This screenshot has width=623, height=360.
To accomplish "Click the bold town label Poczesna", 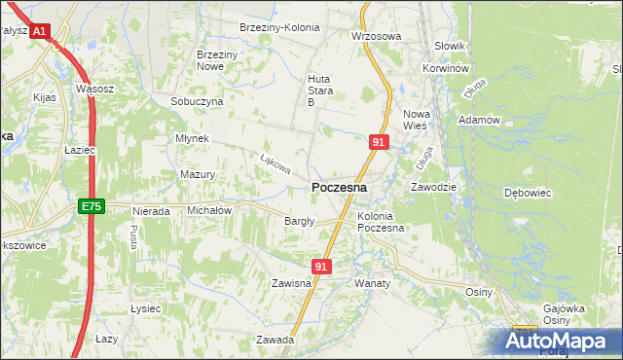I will tap(339, 187).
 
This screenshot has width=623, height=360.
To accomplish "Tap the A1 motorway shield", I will tap(39, 32).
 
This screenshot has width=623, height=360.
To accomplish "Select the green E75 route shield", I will tap(91, 206).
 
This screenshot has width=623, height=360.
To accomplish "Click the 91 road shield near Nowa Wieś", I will tap(380, 142).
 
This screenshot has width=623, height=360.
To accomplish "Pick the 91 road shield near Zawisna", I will tap(323, 266).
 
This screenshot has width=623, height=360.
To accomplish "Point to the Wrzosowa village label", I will tap(376, 36).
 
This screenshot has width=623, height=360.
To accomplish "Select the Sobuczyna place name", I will tap(197, 101).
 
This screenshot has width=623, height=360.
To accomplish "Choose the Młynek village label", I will tap(192, 138).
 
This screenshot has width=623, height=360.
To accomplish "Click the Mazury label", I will tap(198, 175).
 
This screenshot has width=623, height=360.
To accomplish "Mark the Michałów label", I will tap(208, 210).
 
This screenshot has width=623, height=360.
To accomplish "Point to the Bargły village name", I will tap(299, 221).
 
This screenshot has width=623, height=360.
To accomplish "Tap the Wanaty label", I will tap(372, 283).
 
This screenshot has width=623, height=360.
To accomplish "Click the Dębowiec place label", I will tap(528, 193).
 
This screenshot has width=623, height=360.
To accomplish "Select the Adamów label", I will tap(478, 120).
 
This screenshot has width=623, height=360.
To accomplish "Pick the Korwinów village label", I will tap(447, 70).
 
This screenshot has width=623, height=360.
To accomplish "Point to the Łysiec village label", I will tap(144, 308).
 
